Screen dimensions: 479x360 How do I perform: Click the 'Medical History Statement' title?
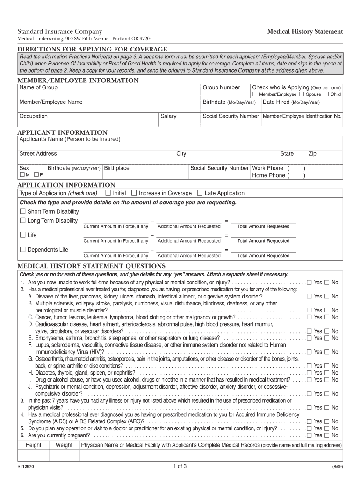point(305,31)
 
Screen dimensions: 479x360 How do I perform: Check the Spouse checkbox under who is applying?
point(302,94)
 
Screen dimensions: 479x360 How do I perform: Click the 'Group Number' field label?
point(221,87)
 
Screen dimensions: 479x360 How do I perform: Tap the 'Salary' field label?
point(168,116)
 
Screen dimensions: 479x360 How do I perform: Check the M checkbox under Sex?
point(22,175)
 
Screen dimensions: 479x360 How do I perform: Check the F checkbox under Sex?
point(36,175)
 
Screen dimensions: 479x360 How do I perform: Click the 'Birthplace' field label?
point(116,168)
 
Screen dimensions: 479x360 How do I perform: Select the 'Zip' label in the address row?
point(312,153)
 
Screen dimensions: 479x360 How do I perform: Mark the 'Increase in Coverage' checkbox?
point(134,193)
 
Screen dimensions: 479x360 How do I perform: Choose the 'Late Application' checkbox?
point(200,193)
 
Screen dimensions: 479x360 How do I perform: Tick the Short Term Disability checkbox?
point(22,211)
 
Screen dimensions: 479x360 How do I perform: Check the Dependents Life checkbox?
point(22,249)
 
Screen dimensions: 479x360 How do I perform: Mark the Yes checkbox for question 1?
point(309,283)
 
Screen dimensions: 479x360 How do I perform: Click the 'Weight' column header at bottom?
point(64,445)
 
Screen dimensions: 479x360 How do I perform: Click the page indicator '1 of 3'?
point(180,466)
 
